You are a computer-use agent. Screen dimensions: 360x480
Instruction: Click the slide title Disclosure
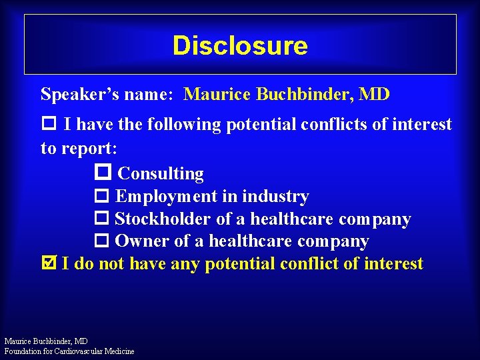click(x=240, y=46)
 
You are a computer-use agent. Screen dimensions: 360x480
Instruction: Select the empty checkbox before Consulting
click(x=103, y=173)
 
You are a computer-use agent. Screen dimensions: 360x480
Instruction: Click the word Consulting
click(x=161, y=174)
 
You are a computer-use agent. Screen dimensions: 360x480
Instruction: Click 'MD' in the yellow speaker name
click(x=374, y=94)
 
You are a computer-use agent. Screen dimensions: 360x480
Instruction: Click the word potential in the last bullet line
click(x=236, y=264)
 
